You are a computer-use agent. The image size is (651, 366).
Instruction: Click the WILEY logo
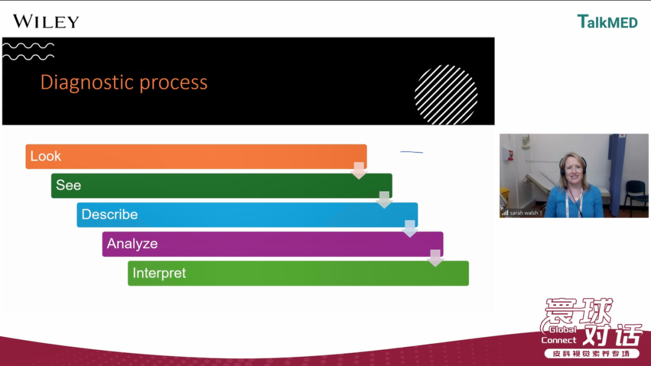(46, 22)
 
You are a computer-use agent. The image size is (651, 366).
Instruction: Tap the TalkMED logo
(608, 22)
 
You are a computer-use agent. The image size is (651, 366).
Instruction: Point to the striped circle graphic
(446, 95)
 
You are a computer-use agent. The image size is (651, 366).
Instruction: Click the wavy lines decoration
(28, 51)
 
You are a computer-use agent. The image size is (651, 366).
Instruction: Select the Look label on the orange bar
(46, 157)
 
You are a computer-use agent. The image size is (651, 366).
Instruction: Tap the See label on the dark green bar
(69, 185)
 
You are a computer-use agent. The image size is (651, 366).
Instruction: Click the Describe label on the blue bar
(110, 214)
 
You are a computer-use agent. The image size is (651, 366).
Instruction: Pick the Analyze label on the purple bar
(133, 244)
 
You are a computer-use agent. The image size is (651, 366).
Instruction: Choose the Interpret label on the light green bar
(159, 273)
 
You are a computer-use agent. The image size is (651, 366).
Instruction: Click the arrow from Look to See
(359, 170)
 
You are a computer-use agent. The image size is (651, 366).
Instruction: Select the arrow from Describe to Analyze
(410, 229)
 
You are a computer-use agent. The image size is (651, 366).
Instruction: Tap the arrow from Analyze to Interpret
(435, 258)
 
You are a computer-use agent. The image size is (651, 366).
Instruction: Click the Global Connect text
(559, 335)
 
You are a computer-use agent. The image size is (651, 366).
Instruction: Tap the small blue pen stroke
(412, 152)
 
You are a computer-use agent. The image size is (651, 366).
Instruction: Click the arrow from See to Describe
(384, 200)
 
